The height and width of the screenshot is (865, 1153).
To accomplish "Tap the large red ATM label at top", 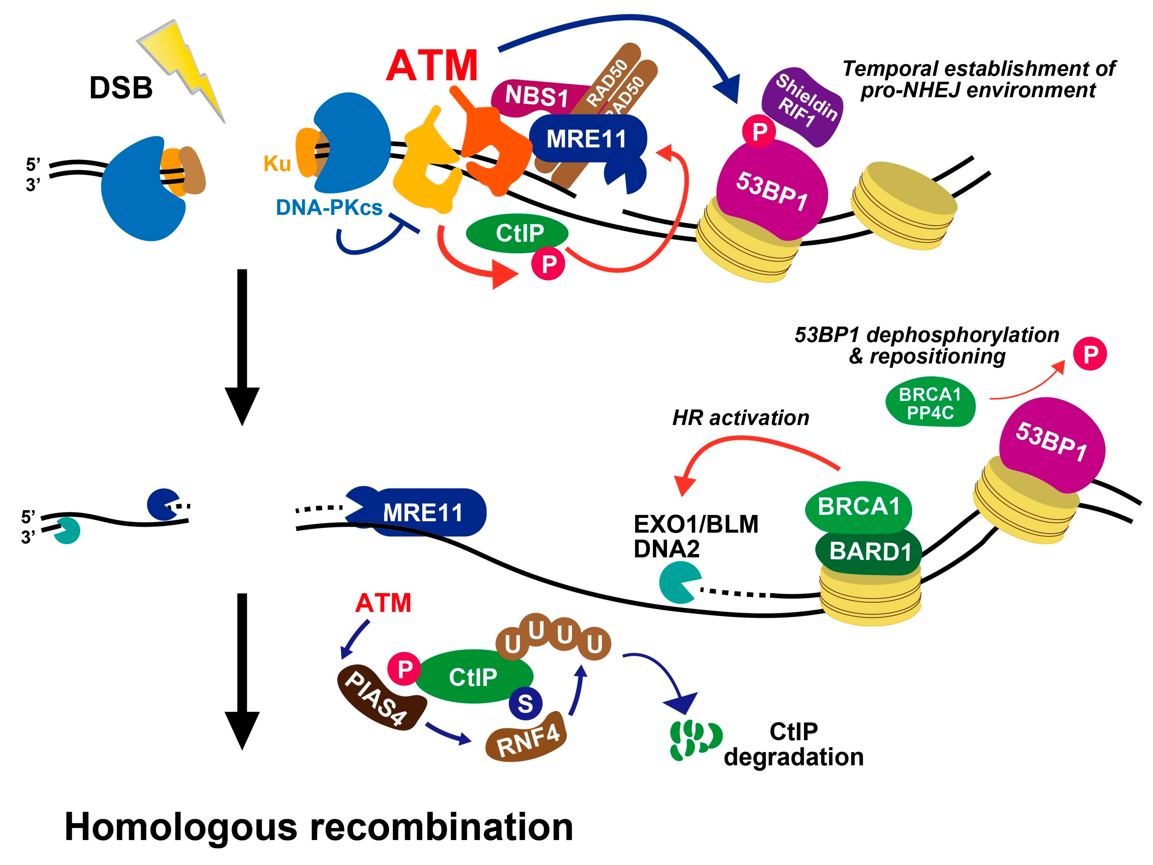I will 432,66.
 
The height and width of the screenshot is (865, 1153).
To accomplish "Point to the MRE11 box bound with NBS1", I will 586,139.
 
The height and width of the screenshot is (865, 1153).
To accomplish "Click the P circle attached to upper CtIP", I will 548,265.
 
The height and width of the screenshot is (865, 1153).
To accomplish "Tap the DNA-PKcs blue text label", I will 329,208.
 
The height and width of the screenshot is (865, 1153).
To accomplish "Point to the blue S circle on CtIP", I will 525,704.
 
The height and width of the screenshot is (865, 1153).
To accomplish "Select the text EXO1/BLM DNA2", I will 695,536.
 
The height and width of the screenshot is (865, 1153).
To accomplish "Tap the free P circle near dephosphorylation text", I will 1090,354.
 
